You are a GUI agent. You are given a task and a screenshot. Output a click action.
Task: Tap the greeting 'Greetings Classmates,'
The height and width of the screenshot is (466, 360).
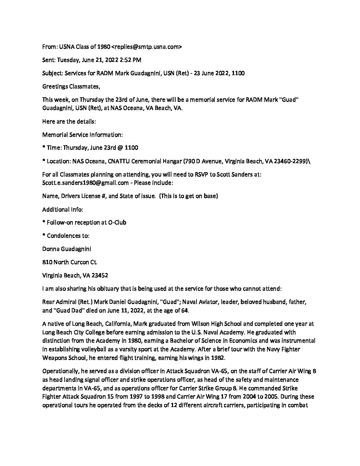pos(71,86)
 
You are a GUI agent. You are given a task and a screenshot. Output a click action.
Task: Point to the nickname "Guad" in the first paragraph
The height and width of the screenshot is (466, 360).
pos(289,100)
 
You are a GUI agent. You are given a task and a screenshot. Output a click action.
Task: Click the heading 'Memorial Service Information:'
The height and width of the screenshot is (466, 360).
pos(82,135)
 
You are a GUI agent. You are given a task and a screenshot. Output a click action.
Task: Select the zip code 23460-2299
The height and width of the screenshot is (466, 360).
pos(292,161)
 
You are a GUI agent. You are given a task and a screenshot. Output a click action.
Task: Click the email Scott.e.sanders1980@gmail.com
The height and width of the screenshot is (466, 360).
pos(85,183)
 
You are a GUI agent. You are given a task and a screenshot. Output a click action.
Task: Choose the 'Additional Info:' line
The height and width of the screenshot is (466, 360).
pos(63,209)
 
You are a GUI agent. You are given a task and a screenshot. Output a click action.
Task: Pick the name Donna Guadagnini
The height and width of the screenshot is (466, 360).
pos(67,249)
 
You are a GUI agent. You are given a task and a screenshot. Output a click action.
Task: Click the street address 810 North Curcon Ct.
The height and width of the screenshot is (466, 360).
pos(69,262)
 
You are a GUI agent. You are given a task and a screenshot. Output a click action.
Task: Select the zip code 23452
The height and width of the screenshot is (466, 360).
pos(99,275)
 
